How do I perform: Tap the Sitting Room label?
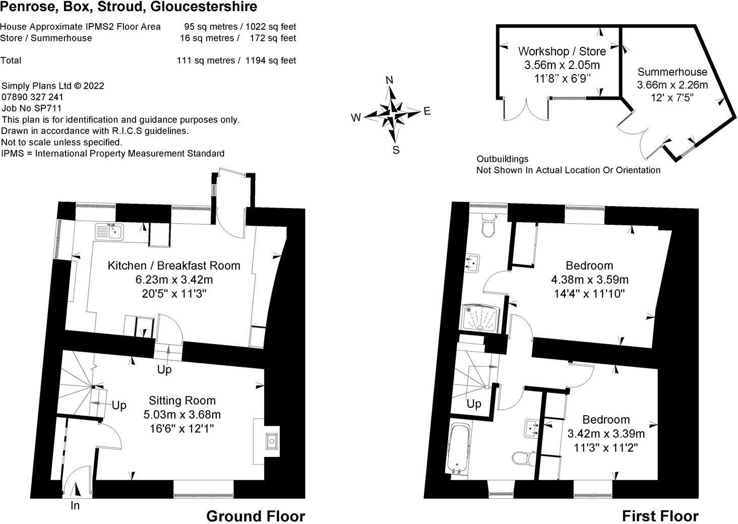(182, 401)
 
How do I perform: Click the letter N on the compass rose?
(389, 81)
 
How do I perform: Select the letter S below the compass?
(396, 150)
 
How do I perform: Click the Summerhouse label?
(672, 72)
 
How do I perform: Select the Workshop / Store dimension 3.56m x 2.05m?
(562, 65)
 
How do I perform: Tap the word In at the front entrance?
(75, 505)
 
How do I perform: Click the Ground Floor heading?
(256, 516)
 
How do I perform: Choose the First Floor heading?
(660, 516)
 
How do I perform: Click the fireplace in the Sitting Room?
(271, 441)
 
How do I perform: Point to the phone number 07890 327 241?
(33, 97)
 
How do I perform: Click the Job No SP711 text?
(32, 108)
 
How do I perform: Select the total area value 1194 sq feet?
(271, 60)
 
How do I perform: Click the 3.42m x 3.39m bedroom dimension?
(606, 433)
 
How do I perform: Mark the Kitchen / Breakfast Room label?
(174, 266)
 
